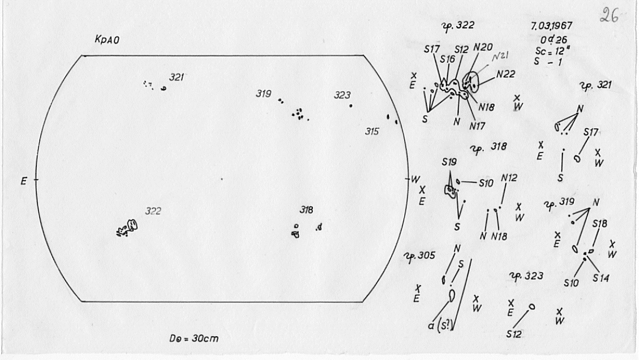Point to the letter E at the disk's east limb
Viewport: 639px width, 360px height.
(23, 183)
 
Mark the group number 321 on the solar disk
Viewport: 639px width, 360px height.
(178, 77)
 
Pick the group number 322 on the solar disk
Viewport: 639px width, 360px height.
(153, 211)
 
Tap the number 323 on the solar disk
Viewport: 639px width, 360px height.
(342, 95)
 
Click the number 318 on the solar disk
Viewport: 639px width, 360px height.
(306, 210)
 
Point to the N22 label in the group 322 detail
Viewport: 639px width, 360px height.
(506, 74)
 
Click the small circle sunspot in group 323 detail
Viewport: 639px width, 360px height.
(531, 307)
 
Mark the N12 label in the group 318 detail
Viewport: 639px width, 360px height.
(509, 177)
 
